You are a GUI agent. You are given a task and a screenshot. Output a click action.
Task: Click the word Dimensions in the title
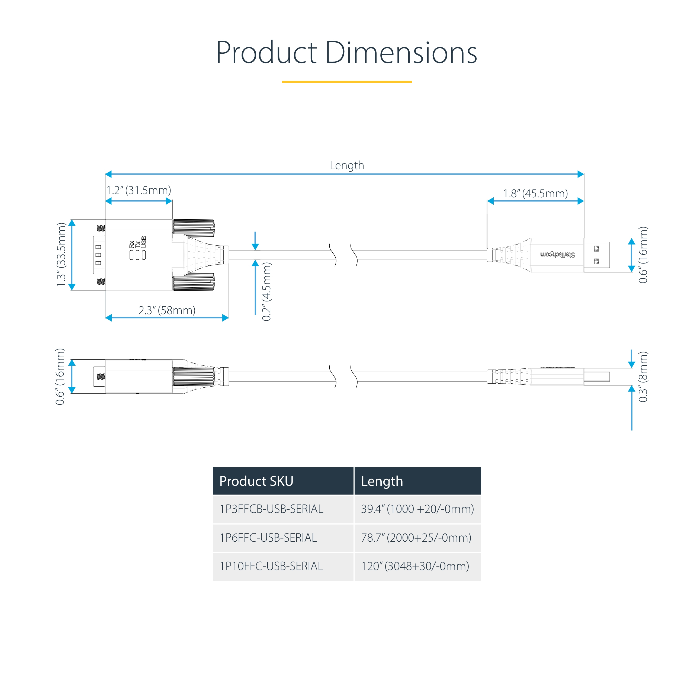(x=401, y=53)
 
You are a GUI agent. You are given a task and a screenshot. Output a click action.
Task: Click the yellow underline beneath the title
(x=347, y=82)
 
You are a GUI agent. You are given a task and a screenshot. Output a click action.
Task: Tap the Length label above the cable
(x=347, y=165)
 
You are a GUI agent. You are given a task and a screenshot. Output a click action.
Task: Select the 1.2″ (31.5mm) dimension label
(x=139, y=190)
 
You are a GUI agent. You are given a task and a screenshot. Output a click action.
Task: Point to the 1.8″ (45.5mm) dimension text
(x=535, y=194)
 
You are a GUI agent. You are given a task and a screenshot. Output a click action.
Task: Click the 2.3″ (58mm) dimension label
(x=167, y=310)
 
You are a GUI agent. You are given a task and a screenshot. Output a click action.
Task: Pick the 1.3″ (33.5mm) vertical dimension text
(x=62, y=255)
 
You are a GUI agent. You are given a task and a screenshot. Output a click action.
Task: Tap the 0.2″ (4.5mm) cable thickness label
(x=266, y=291)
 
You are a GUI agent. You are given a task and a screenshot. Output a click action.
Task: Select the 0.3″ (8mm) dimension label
(x=643, y=377)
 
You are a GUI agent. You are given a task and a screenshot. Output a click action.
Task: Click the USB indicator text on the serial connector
(x=144, y=242)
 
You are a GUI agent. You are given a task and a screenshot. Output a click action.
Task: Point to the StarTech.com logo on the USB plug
(x=557, y=255)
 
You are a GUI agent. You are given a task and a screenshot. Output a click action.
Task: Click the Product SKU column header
(x=256, y=481)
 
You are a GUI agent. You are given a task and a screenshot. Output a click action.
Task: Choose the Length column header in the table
(x=382, y=481)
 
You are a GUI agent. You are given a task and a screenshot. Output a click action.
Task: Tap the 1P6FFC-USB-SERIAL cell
(x=268, y=538)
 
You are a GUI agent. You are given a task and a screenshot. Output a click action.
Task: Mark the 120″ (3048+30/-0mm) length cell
(x=415, y=566)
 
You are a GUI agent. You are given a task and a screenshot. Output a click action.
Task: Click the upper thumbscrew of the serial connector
(x=194, y=228)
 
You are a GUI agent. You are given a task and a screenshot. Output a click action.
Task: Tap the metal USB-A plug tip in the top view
(x=597, y=255)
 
